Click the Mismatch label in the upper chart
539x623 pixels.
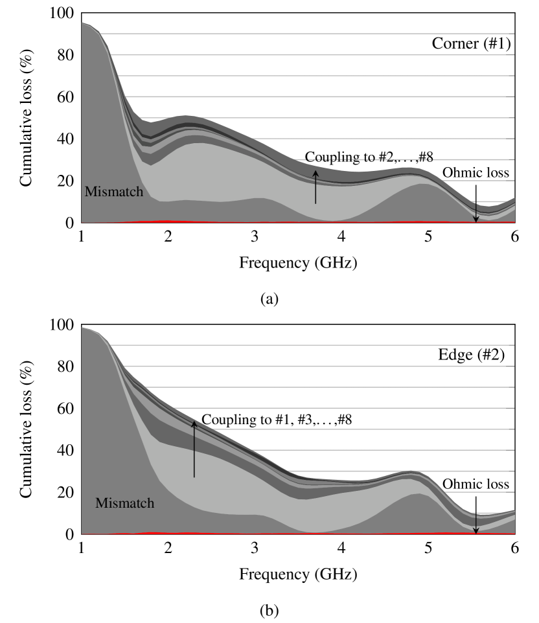click(113, 192)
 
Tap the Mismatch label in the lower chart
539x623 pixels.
click(124, 503)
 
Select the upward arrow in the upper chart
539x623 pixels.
click(315, 187)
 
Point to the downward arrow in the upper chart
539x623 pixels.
click(476, 212)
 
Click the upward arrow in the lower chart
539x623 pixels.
click(194, 449)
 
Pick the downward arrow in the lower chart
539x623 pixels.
click(476, 523)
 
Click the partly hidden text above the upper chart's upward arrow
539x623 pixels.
click(366, 159)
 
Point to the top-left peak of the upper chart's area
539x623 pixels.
click(86, 24)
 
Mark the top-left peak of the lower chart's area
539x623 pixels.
click(86, 329)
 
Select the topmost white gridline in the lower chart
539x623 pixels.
click(324, 345)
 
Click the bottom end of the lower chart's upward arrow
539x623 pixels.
click(194, 477)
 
